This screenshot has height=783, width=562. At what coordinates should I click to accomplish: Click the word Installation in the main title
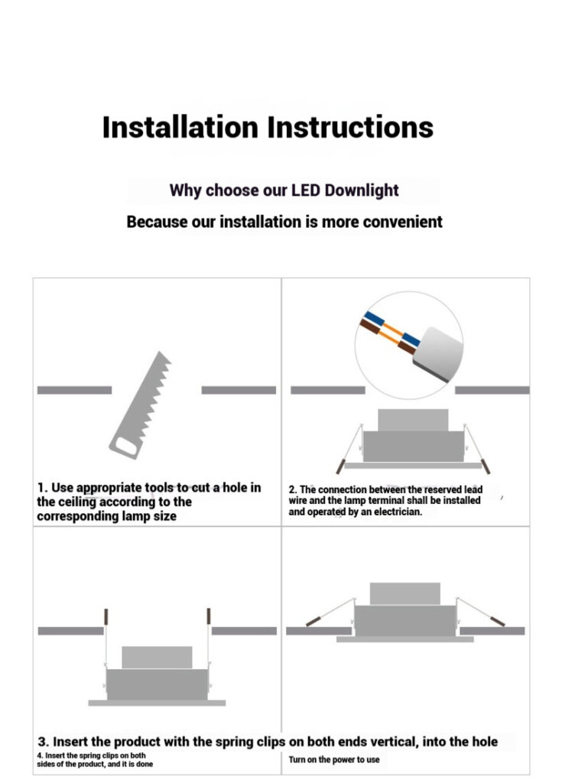180,127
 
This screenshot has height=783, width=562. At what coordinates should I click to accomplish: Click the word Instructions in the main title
350,127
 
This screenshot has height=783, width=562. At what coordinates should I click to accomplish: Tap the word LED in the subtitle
306,190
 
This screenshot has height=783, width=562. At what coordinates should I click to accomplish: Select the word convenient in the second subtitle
402,222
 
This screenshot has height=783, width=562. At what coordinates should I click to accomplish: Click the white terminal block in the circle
438,354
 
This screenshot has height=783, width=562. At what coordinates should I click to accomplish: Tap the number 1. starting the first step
43,487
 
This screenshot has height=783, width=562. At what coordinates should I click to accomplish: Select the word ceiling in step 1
75,502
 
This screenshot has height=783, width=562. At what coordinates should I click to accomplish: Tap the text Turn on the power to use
333,759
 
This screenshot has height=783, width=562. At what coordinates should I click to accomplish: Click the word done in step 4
145,764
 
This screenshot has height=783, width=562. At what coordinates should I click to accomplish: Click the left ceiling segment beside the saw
74,390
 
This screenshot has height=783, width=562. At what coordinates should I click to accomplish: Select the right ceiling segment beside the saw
239,390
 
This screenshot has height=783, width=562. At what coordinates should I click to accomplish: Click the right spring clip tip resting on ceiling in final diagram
498,621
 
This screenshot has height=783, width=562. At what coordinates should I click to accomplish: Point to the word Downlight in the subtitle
362,190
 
